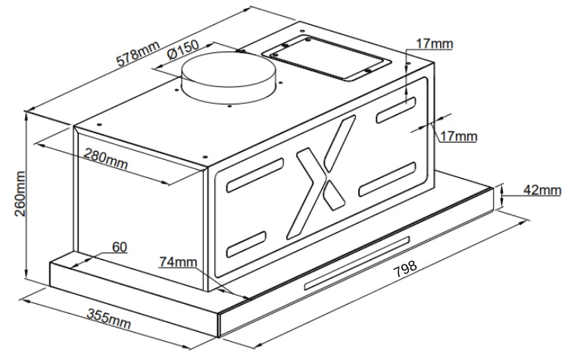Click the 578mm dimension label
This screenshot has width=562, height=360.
coord(137,53)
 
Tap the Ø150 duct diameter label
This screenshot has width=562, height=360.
coord(183,49)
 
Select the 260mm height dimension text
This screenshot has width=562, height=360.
coord(20,193)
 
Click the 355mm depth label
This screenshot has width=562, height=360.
coord(109,319)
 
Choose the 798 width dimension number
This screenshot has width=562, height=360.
coord(405,268)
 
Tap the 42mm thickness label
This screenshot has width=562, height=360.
coord(542,189)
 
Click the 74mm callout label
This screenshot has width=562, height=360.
coord(178,261)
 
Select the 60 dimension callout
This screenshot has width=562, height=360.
coord(120,246)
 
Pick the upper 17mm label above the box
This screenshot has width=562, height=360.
coord(435,44)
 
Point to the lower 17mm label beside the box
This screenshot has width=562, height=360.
coord(458,136)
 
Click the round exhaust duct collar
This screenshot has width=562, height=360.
coord(229,77)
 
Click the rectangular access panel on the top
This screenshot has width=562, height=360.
coord(326,58)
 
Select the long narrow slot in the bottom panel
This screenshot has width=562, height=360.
coord(357,262)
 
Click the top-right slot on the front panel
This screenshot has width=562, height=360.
coord(396,110)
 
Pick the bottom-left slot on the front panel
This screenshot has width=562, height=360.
coord(246,245)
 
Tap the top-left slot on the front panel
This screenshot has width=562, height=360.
coord(254,175)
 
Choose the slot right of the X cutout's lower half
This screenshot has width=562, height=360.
coord(388,180)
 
